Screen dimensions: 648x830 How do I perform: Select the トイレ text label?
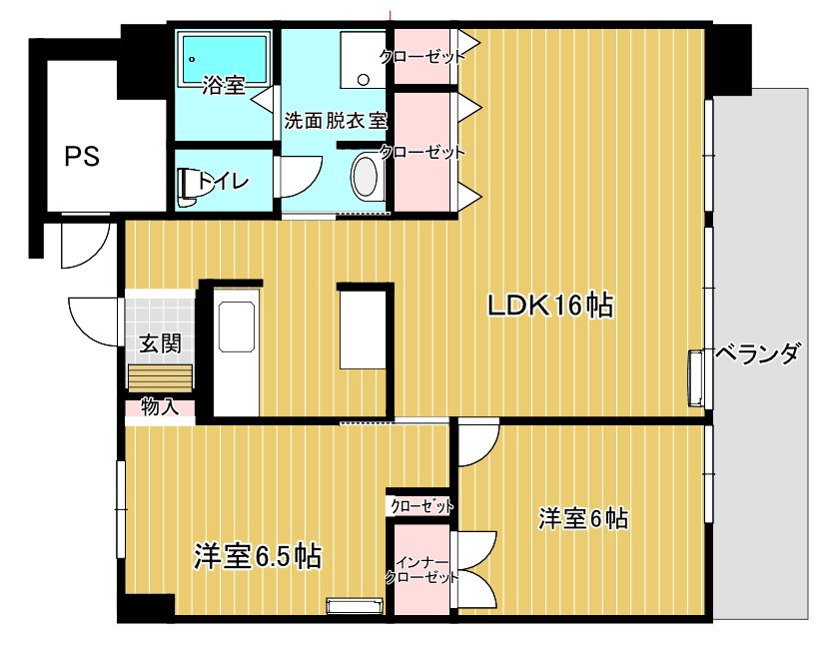click(223, 182)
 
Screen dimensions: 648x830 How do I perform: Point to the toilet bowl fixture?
click(187, 187)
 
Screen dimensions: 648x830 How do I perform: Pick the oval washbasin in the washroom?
click(367, 176)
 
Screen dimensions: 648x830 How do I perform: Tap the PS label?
click(82, 157)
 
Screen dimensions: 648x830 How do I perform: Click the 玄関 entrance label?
click(159, 343)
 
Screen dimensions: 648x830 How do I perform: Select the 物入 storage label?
click(159, 407)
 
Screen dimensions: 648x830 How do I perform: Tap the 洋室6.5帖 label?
click(257, 555)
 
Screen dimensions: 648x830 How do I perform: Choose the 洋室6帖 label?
click(583, 518)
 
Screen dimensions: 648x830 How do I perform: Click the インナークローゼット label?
click(420, 569)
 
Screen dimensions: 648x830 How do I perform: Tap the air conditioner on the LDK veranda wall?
click(696, 378)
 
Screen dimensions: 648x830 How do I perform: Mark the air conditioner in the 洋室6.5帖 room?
click(355, 605)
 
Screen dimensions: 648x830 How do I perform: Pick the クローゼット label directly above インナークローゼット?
click(420, 506)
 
